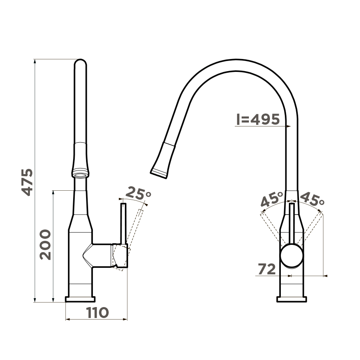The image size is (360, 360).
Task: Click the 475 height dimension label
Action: [x=27, y=182]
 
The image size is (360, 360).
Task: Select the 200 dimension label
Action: [x=45, y=244]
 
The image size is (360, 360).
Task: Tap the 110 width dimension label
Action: [x=97, y=312]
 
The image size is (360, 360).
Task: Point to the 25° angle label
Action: [x=139, y=194]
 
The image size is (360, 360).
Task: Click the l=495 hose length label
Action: [x=258, y=119]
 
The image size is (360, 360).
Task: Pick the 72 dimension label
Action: [x=267, y=269]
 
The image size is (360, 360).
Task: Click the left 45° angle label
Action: [x=272, y=199]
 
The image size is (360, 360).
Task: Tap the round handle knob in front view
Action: [x=292, y=256]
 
